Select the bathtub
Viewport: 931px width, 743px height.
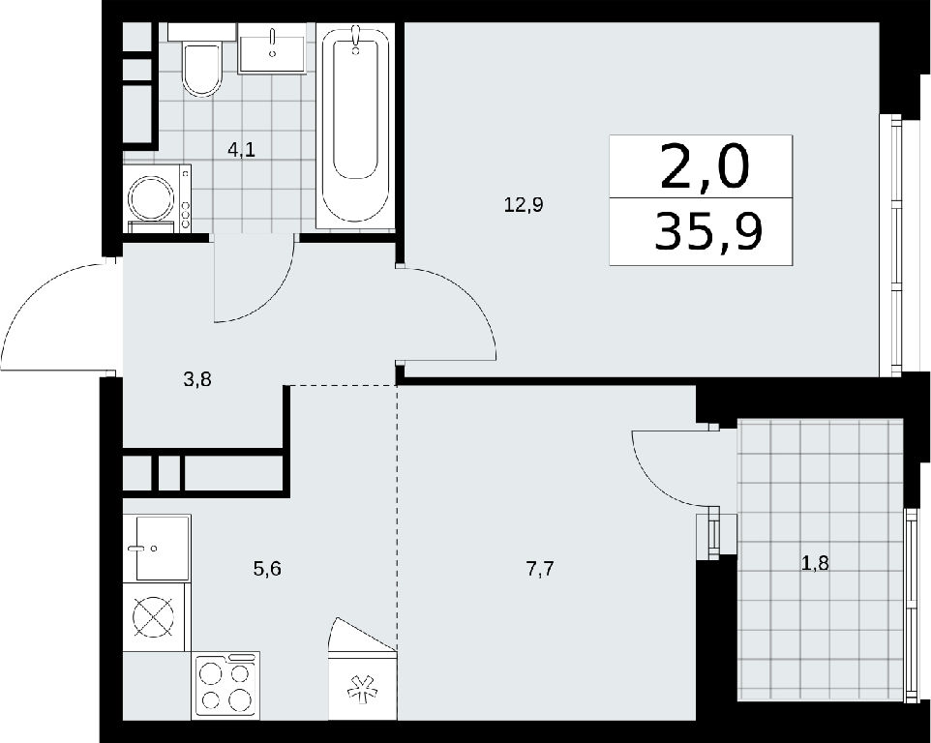tap(355, 126)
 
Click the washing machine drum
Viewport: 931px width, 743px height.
tap(151, 197)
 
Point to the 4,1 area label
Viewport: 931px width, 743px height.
tap(242, 150)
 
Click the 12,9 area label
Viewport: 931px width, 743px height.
tap(524, 205)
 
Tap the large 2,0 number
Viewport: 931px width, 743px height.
tap(705, 167)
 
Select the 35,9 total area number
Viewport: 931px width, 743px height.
tap(709, 231)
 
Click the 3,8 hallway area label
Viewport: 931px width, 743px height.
tap(197, 378)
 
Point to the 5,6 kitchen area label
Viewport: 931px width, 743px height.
tap(266, 569)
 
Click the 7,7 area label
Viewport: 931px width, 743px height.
tap(540, 569)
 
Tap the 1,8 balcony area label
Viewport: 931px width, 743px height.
tap(815, 563)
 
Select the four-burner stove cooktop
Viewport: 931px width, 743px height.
tap(226, 685)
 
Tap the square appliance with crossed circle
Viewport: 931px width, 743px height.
tap(155, 617)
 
